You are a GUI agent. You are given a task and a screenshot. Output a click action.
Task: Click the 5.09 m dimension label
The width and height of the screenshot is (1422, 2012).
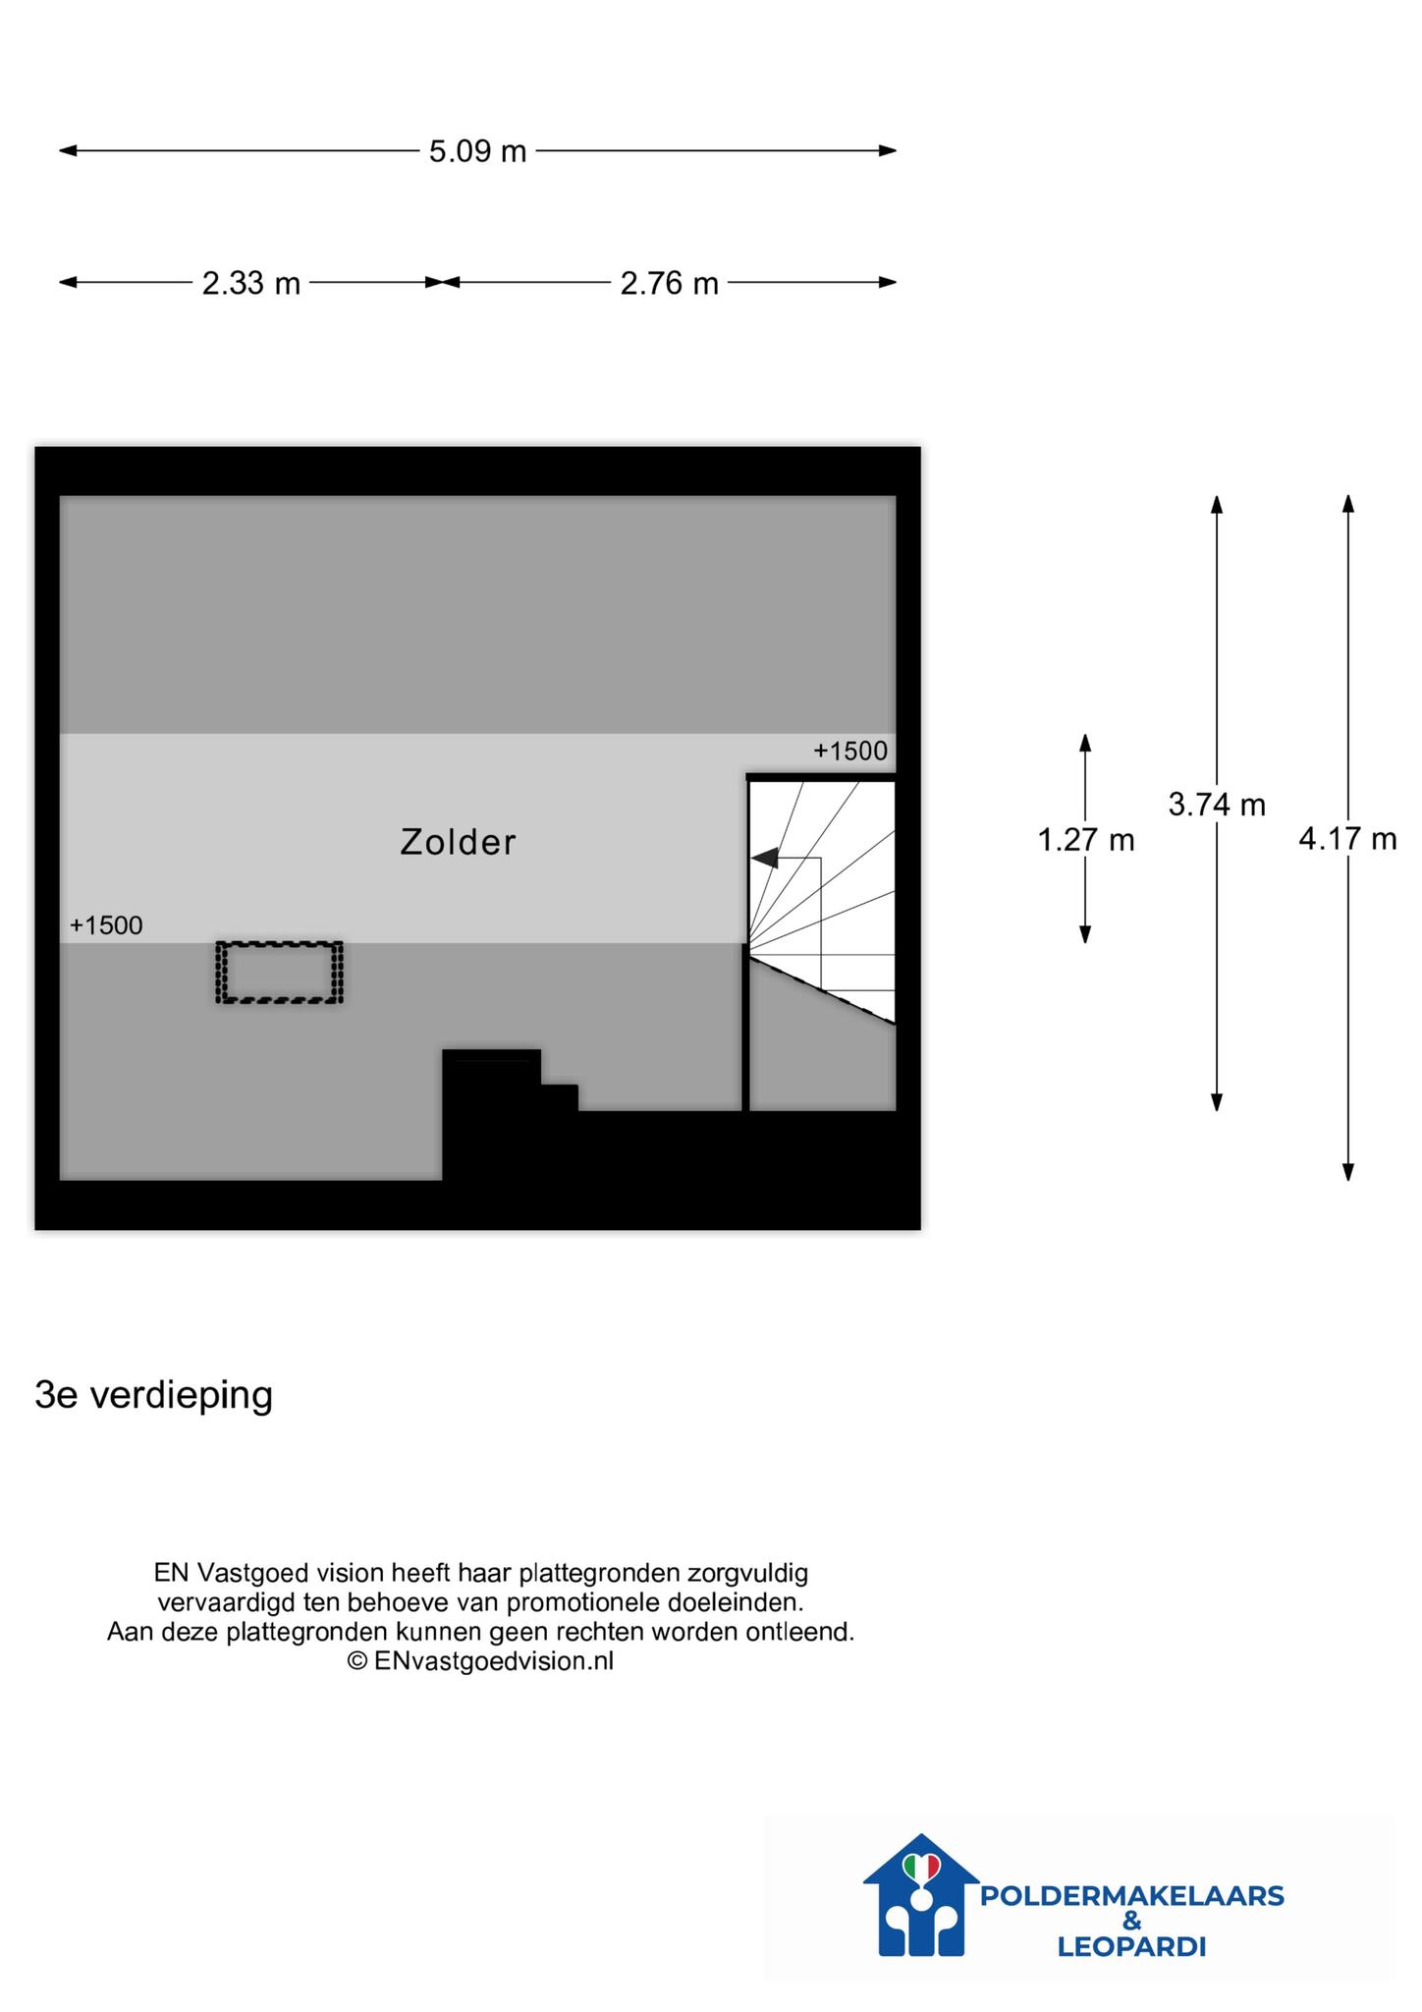tap(478, 151)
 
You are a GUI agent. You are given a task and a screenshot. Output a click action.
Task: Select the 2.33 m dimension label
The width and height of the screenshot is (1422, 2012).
tap(251, 283)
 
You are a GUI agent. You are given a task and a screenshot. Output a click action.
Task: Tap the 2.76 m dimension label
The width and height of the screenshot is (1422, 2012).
tap(670, 283)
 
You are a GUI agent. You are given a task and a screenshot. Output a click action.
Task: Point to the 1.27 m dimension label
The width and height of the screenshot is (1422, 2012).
tap(1086, 840)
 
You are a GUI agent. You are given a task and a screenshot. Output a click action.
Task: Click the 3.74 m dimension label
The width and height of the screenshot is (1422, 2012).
tap(1217, 805)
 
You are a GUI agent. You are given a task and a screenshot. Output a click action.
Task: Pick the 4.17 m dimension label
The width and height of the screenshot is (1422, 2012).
tap(1347, 839)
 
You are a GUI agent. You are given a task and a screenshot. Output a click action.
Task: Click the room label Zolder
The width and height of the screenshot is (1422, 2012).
tap(458, 842)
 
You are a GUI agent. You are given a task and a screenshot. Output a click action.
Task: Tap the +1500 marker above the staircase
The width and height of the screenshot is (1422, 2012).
tap(850, 752)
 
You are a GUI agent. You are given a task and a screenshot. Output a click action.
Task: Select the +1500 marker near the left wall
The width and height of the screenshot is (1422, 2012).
tap(106, 925)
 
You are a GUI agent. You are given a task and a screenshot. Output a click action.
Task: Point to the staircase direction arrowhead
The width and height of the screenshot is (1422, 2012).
tap(764, 858)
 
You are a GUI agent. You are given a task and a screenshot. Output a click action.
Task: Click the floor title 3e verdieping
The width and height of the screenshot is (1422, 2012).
tap(154, 1396)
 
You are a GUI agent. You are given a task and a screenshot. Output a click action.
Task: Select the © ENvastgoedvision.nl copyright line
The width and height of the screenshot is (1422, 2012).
tap(480, 1660)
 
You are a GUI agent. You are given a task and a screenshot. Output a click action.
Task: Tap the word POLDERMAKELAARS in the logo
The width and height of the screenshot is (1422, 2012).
tap(1132, 1896)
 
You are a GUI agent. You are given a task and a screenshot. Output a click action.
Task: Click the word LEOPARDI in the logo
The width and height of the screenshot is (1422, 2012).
tap(1131, 1947)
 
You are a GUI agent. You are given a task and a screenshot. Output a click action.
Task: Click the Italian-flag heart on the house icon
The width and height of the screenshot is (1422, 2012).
tap(921, 1866)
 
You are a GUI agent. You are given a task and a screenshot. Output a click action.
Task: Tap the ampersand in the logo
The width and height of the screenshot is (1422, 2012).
tap(1132, 1922)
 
